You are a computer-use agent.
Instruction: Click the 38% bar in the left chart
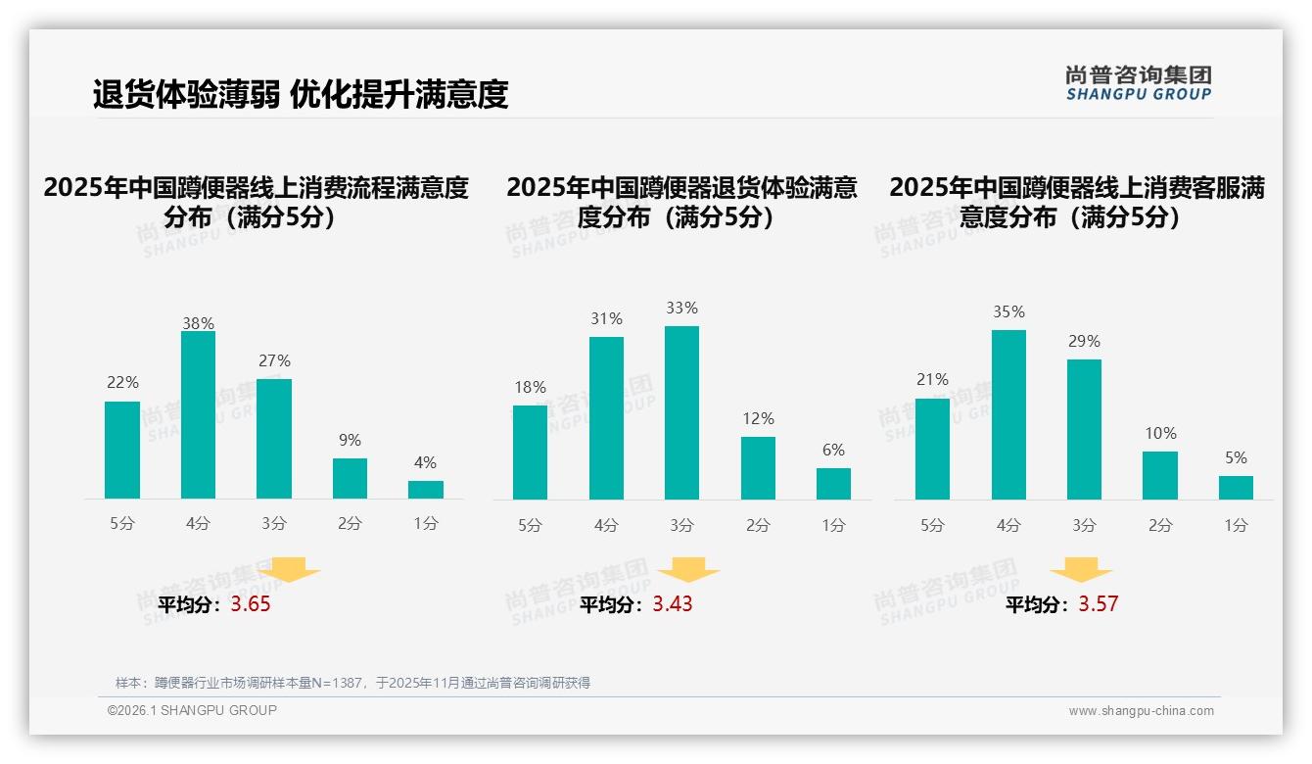[198, 415]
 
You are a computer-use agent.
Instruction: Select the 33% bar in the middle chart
[681, 412]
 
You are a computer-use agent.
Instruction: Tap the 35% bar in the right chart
[1008, 414]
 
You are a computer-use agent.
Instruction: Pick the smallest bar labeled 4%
[426, 489]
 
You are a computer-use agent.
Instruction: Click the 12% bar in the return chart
[758, 468]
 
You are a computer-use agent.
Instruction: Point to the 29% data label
[1084, 342]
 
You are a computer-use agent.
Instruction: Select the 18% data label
[530, 388]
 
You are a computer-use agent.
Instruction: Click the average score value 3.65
[251, 604]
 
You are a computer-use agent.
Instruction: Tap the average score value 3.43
[673, 604]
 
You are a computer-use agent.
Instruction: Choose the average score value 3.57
[1098, 604]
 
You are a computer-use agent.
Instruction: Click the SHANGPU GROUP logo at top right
[1139, 82]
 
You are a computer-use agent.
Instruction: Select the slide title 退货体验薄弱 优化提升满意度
[301, 95]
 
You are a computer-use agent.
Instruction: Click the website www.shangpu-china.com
[1141, 711]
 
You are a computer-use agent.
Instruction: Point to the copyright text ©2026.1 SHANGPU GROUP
[192, 710]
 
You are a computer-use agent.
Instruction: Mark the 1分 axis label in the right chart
[1236, 526]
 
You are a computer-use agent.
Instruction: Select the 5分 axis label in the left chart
[122, 524]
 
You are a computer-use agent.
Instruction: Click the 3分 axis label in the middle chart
[681, 526]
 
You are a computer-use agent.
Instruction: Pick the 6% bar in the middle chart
[833, 484]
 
